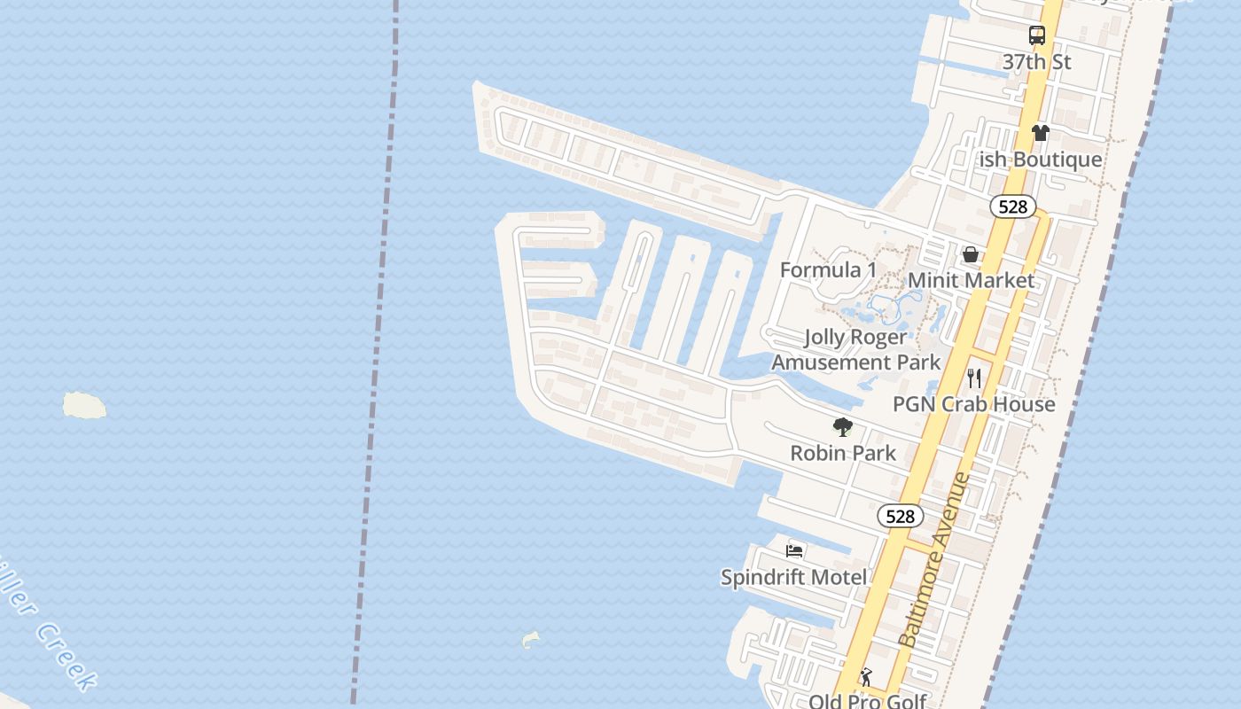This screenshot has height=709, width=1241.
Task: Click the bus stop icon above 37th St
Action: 1037,35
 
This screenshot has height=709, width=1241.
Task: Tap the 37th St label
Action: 1037,62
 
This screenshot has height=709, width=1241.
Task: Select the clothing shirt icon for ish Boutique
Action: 1040,133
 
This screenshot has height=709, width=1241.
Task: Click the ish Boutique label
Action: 1040,160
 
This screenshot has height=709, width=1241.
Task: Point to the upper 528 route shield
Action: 1012,206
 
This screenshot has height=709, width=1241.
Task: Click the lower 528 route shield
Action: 901,516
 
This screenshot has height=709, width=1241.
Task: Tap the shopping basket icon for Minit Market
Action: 971,254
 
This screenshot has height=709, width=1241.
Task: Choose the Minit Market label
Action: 971,281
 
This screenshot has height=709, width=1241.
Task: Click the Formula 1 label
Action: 828,270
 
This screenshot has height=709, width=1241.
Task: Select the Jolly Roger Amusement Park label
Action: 856,349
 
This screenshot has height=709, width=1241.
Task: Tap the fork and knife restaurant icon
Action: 974,378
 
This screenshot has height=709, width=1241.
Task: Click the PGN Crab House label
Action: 974,404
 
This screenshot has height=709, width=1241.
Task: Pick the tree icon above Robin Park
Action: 843,427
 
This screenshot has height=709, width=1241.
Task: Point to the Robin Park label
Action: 843,453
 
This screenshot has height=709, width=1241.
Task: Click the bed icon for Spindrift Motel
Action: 794,551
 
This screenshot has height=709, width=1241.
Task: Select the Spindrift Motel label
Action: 794,578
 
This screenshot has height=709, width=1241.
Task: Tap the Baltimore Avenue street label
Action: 934,560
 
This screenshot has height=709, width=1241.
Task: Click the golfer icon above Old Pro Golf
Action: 866,677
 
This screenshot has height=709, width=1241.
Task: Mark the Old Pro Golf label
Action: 867,701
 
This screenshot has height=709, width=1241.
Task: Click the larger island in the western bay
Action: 84,405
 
